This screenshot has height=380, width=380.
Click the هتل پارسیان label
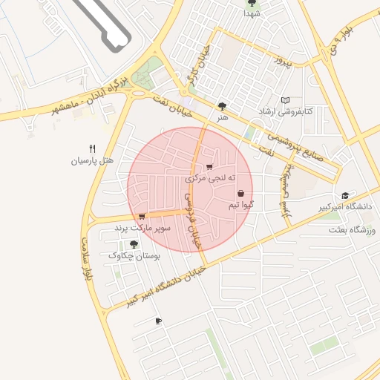click(x=91, y=160)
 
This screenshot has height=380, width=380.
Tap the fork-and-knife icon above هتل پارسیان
click(x=92, y=148)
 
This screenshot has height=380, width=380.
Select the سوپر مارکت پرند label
click(x=142, y=228)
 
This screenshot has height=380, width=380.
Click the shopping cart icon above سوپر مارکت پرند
click(x=142, y=216)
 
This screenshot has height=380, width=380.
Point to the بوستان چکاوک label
click(x=134, y=255)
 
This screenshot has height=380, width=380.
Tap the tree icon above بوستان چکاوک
click(x=134, y=243)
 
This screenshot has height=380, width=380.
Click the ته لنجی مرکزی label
click(x=210, y=178)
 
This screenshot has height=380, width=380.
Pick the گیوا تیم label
click(x=243, y=204)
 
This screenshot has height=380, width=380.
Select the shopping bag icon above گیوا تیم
click(x=241, y=193)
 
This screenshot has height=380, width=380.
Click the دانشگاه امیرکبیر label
click(x=344, y=206)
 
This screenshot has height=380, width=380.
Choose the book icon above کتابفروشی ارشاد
click(x=286, y=100)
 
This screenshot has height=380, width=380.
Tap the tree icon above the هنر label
click(x=222, y=106)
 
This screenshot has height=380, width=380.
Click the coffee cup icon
click(x=157, y=321)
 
